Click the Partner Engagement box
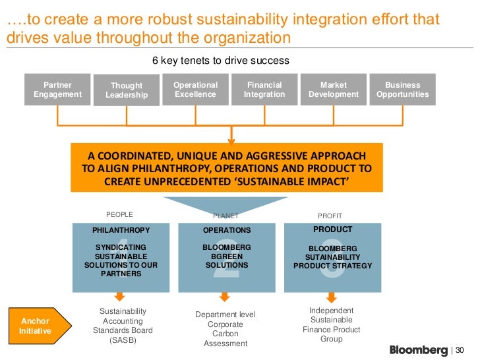pyautogui.click(x=57, y=90)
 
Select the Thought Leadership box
pyautogui.click(x=127, y=90)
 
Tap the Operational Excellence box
pyautogui.click(x=195, y=90)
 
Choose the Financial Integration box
pyautogui.click(x=264, y=90)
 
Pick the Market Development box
pyautogui.click(x=334, y=90)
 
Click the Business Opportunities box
pyautogui.click(x=402, y=90)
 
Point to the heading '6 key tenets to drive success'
pyautogui.click(x=221, y=61)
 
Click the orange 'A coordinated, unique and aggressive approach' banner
pyautogui.click(x=226, y=168)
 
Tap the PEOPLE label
pyautogui.click(x=119, y=214)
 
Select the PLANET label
pyautogui.click(x=225, y=216)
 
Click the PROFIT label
pyautogui.click(x=330, y=216)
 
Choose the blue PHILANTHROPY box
pyautogui.click(x=121, y=257)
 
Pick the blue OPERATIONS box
pyautogui.click(x=226, y=257)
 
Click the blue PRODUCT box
pyautogui.click(x=332, y=257)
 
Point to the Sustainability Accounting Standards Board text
pyautogui.click(x=123, y=326)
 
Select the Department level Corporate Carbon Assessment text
pyautogui.click(x=225, y=329)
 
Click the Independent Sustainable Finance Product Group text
pyautogui.click(x=332, y=324)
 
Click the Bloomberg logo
pyautogui.click(x=418, y=349)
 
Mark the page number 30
pyautogui.click(x=461, y=350)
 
